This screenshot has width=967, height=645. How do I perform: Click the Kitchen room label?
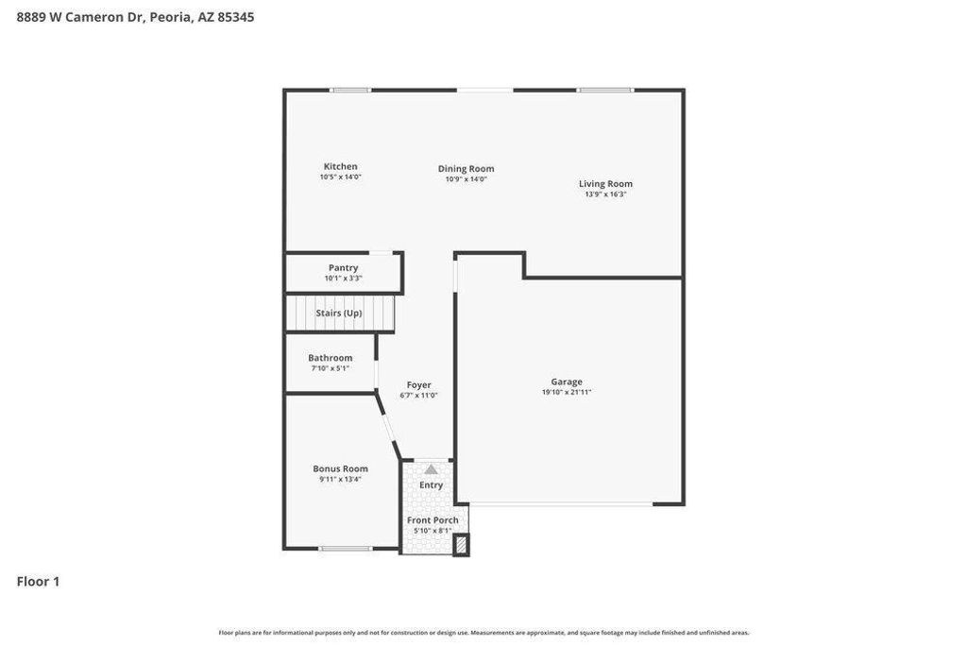click(340, 166)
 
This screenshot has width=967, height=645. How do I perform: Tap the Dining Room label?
click(466, 169)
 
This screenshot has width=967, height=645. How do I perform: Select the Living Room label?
click(605, 184)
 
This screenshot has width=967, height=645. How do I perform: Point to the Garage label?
click(567, 382)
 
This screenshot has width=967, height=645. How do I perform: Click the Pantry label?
click(343, 267)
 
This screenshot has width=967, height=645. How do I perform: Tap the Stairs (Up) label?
click(339, 313)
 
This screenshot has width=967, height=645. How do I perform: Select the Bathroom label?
click(330, 358)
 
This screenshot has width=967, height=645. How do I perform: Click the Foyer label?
click(418, 384)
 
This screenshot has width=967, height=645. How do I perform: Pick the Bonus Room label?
click(340, 468)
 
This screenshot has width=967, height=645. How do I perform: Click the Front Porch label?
click(433, 520)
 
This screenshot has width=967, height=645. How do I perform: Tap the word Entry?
click(431, 485)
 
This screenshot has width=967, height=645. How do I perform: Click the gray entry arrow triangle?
click(431, 469)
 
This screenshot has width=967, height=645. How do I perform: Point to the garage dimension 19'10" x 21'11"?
click(567, 392)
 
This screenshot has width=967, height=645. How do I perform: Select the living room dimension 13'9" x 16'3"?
click(605, 195)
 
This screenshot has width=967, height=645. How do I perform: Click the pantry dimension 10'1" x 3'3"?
click(343, 278)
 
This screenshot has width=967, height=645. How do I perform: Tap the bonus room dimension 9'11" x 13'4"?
click(340, 479)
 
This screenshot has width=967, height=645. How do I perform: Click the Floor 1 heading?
click(38, 582)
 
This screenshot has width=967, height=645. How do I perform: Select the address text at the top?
click(135, 17)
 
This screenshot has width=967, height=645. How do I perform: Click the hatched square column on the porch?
click(461, 545)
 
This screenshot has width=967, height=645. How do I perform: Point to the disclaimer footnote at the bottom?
click(483, 633)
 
